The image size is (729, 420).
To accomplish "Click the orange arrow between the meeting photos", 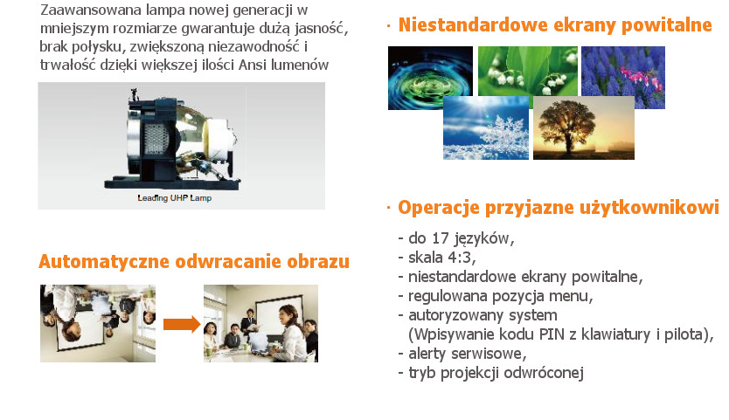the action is point(182,324).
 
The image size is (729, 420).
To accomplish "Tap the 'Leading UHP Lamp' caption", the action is point(174,198).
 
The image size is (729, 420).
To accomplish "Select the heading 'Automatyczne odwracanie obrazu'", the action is point(194,262).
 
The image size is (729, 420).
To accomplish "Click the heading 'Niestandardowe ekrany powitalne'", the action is point(555,25).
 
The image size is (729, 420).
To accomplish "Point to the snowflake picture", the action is point(486,127).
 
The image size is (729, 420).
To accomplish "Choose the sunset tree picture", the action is point(584,127).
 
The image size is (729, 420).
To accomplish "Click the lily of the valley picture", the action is point(528,71).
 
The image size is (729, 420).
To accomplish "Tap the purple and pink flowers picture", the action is point(623,72).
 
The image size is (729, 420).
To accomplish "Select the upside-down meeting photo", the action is point(98,323).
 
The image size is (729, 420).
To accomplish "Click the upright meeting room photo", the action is point(260,323).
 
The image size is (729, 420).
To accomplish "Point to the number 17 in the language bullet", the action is point(441,238).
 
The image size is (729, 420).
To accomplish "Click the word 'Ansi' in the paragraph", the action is point(253,65).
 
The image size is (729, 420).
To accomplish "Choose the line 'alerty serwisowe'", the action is point(462,354).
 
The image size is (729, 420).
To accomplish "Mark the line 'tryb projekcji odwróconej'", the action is point(491,373).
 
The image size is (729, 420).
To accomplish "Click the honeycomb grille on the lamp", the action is point(156,140).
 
